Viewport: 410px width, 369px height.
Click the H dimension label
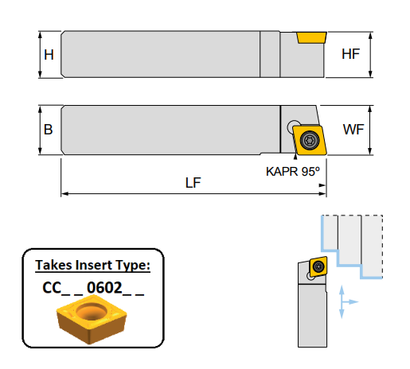click(49, 56)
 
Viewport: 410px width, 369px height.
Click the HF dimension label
click(350, 55)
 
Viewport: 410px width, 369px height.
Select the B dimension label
click(49, 129)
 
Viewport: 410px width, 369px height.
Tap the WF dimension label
click(352, 129)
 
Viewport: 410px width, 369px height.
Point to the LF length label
click(193, 182)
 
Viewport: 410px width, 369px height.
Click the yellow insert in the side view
click(311, 37)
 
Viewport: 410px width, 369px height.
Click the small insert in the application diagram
click(318, 266)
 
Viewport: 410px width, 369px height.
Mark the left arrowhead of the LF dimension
click(64, 192)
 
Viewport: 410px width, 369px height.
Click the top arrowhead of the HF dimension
click(370, 34)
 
